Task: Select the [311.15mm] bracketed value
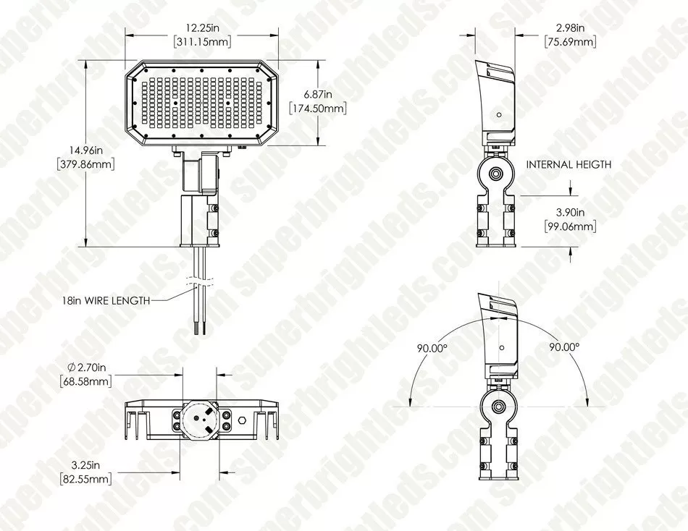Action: click(202, 42)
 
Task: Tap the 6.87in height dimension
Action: click(318, 95)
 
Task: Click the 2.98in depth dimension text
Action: click(570, 27)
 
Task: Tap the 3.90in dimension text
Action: click(570, 213)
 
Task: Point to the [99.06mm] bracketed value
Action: click(570, 227)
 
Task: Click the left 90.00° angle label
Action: click(432, 347)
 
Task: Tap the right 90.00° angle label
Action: click(564, 347)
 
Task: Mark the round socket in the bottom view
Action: click(201, 419)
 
